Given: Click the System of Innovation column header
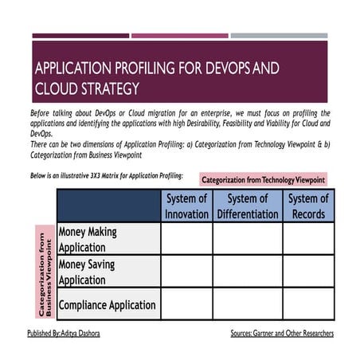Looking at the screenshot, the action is coord(186,205).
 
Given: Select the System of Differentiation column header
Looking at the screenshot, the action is coord(247,205).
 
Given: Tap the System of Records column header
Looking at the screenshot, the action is coord(308,205).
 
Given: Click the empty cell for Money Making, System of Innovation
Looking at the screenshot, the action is coord(186,239).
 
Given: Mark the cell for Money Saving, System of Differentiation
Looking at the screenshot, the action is coord(247,271).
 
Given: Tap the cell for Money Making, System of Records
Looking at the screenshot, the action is coord(308,239).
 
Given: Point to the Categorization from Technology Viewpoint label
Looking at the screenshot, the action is coord(263,180).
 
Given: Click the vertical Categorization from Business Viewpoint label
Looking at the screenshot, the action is coord(43,271).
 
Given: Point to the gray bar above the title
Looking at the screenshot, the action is coord(279,36).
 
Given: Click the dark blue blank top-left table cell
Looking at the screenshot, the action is coord(108,205).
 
